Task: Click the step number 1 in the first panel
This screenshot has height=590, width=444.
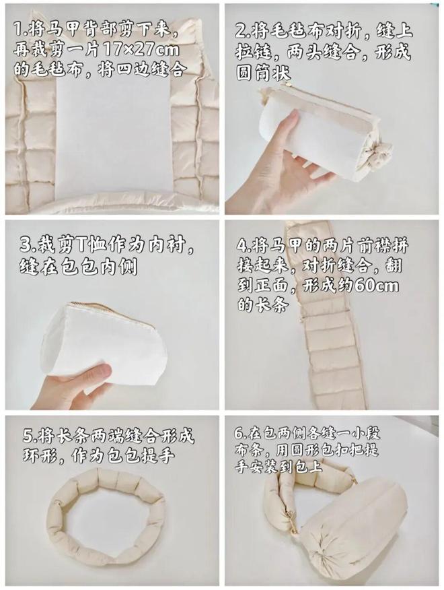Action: pos(18,30)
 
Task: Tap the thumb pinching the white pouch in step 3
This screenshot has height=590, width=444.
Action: pos(98,370)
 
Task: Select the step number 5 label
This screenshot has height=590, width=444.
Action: pos(29,436)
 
